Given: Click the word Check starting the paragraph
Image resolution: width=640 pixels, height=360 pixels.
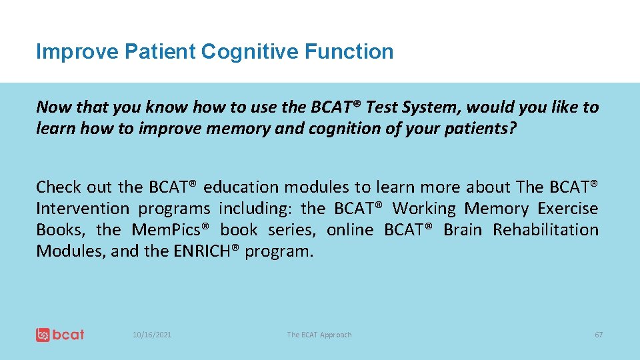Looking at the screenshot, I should (57, 187).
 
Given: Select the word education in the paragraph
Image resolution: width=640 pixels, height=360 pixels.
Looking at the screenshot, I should (247, 187).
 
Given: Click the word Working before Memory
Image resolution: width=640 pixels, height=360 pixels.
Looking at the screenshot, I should (424, 208).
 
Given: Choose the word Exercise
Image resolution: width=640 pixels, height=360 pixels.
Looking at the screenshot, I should (567, 208).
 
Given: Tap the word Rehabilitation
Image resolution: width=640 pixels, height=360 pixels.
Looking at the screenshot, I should (545, 229).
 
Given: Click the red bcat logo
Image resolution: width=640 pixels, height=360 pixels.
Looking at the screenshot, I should (60, 335).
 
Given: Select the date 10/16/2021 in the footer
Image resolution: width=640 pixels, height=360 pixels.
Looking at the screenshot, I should (151, 335).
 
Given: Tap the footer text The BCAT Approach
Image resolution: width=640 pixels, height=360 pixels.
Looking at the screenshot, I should (319, 335).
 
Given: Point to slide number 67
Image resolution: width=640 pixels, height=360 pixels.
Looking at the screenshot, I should (598, 335).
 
